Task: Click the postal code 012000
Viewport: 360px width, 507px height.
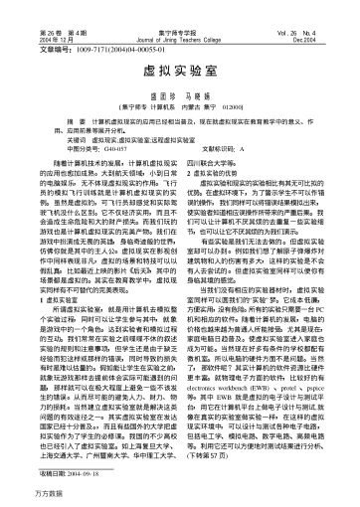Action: click(250, 104)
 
